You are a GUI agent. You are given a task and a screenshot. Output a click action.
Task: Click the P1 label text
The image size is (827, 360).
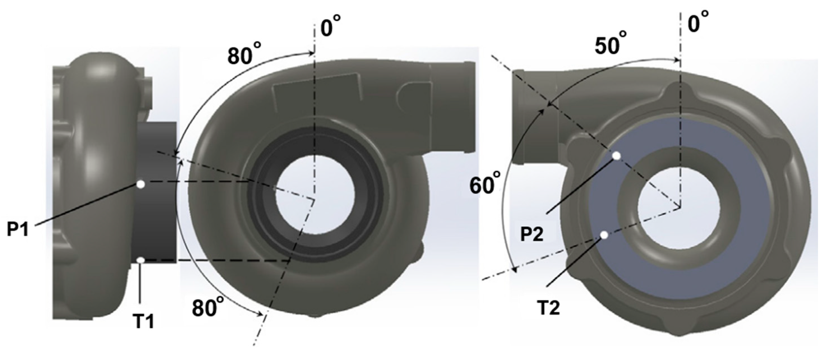click(x=18, y=230)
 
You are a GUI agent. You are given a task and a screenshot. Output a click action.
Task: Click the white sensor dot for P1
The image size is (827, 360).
click(x=141, y=184)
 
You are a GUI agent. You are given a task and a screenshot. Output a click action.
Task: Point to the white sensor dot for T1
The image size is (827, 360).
click(x=141, y=260)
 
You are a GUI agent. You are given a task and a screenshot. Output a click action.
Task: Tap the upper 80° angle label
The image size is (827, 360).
click(x=244, y=56)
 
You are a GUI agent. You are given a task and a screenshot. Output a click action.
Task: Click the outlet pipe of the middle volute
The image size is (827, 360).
click(x=453, y=106)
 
